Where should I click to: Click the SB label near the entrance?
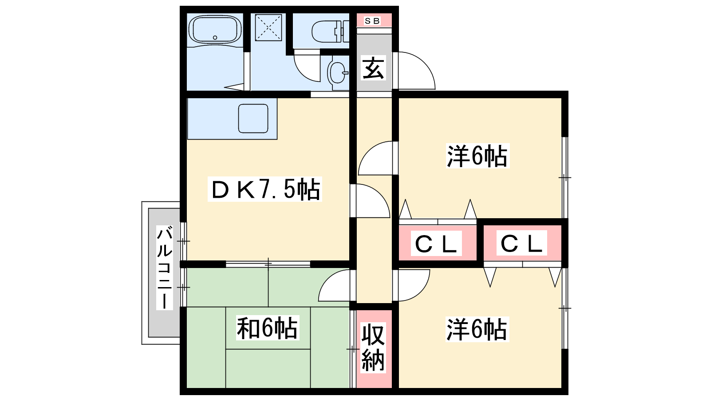[372, 20]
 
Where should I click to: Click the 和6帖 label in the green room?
[267, 328]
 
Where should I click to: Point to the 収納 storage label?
[373, 348]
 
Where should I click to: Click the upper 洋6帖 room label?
[477, 156]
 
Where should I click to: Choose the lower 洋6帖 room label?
[477, 329]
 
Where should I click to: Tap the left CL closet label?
[436, 244]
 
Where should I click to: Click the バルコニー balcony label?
[164, 268]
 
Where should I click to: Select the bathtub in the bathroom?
[215, 30]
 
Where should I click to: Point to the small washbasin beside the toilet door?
[338, 72]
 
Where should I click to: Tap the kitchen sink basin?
[253, 118]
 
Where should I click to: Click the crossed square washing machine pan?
[268, 27]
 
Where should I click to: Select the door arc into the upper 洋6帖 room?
[375, 158]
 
